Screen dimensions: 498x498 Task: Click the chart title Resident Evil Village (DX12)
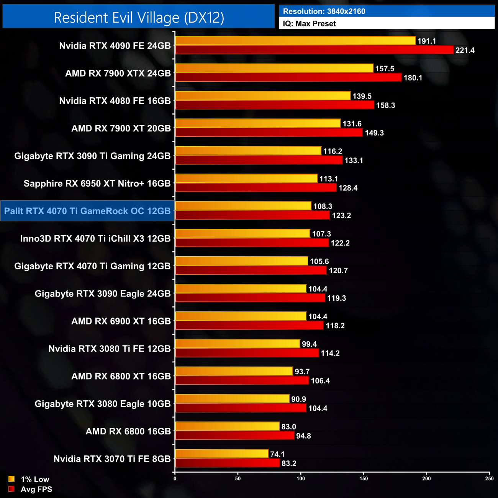point(139,18)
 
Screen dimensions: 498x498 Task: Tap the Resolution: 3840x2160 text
point(324,11)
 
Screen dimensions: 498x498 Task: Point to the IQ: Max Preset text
point(309,24)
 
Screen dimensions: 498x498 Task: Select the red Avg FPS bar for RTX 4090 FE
point(314,50)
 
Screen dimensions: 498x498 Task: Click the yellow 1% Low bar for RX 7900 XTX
point(274,68)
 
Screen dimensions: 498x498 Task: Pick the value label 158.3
point(385,105)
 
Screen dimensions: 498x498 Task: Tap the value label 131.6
point(352,124)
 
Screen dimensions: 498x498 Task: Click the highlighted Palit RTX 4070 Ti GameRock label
point(87,211)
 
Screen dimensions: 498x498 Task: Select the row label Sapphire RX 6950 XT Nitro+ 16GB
point(97,183)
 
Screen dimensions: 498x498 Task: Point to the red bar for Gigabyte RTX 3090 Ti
point(259,160)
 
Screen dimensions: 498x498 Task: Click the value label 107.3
point(321,234)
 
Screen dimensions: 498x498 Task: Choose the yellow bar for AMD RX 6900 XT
point(241,316)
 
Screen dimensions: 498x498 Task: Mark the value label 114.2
point(330,353)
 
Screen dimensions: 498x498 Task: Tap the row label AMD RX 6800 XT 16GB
point(121,376)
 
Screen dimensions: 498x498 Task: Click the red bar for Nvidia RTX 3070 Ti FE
point(227,463)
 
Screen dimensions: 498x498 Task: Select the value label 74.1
point(277,454)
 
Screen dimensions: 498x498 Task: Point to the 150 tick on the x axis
point(364,478)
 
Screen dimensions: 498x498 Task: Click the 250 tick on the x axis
point(489,478)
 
